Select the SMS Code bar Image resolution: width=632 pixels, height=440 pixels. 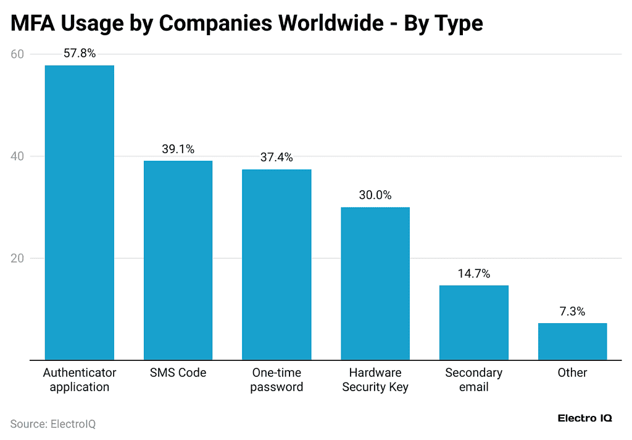(x=178, y=260)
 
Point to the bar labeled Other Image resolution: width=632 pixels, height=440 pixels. (x=572, y=341)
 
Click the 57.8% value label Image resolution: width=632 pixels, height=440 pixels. (x=80, y=54)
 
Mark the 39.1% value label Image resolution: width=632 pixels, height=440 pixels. (x=178, y=149)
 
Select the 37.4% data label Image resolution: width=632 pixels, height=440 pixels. (x=276, y=158)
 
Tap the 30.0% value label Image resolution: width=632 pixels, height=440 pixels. (x=375, y=195)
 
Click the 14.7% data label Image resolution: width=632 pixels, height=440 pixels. (x=473, y=273)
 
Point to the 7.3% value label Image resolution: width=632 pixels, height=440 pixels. (x=572, y=311)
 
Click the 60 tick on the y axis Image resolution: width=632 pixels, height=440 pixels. (x=17, y=54)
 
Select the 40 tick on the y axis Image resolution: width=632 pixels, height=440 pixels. (x=17, y=156)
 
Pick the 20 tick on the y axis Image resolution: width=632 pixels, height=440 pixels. (x=17, y=258)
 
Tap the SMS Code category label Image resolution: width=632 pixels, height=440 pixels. (x=178, y=373)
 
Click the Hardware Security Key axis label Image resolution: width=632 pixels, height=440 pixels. (x=375, y=380)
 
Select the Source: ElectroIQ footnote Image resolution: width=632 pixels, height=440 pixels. (x=53, y=424)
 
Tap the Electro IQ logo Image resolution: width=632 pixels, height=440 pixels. (x=584, y=418)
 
